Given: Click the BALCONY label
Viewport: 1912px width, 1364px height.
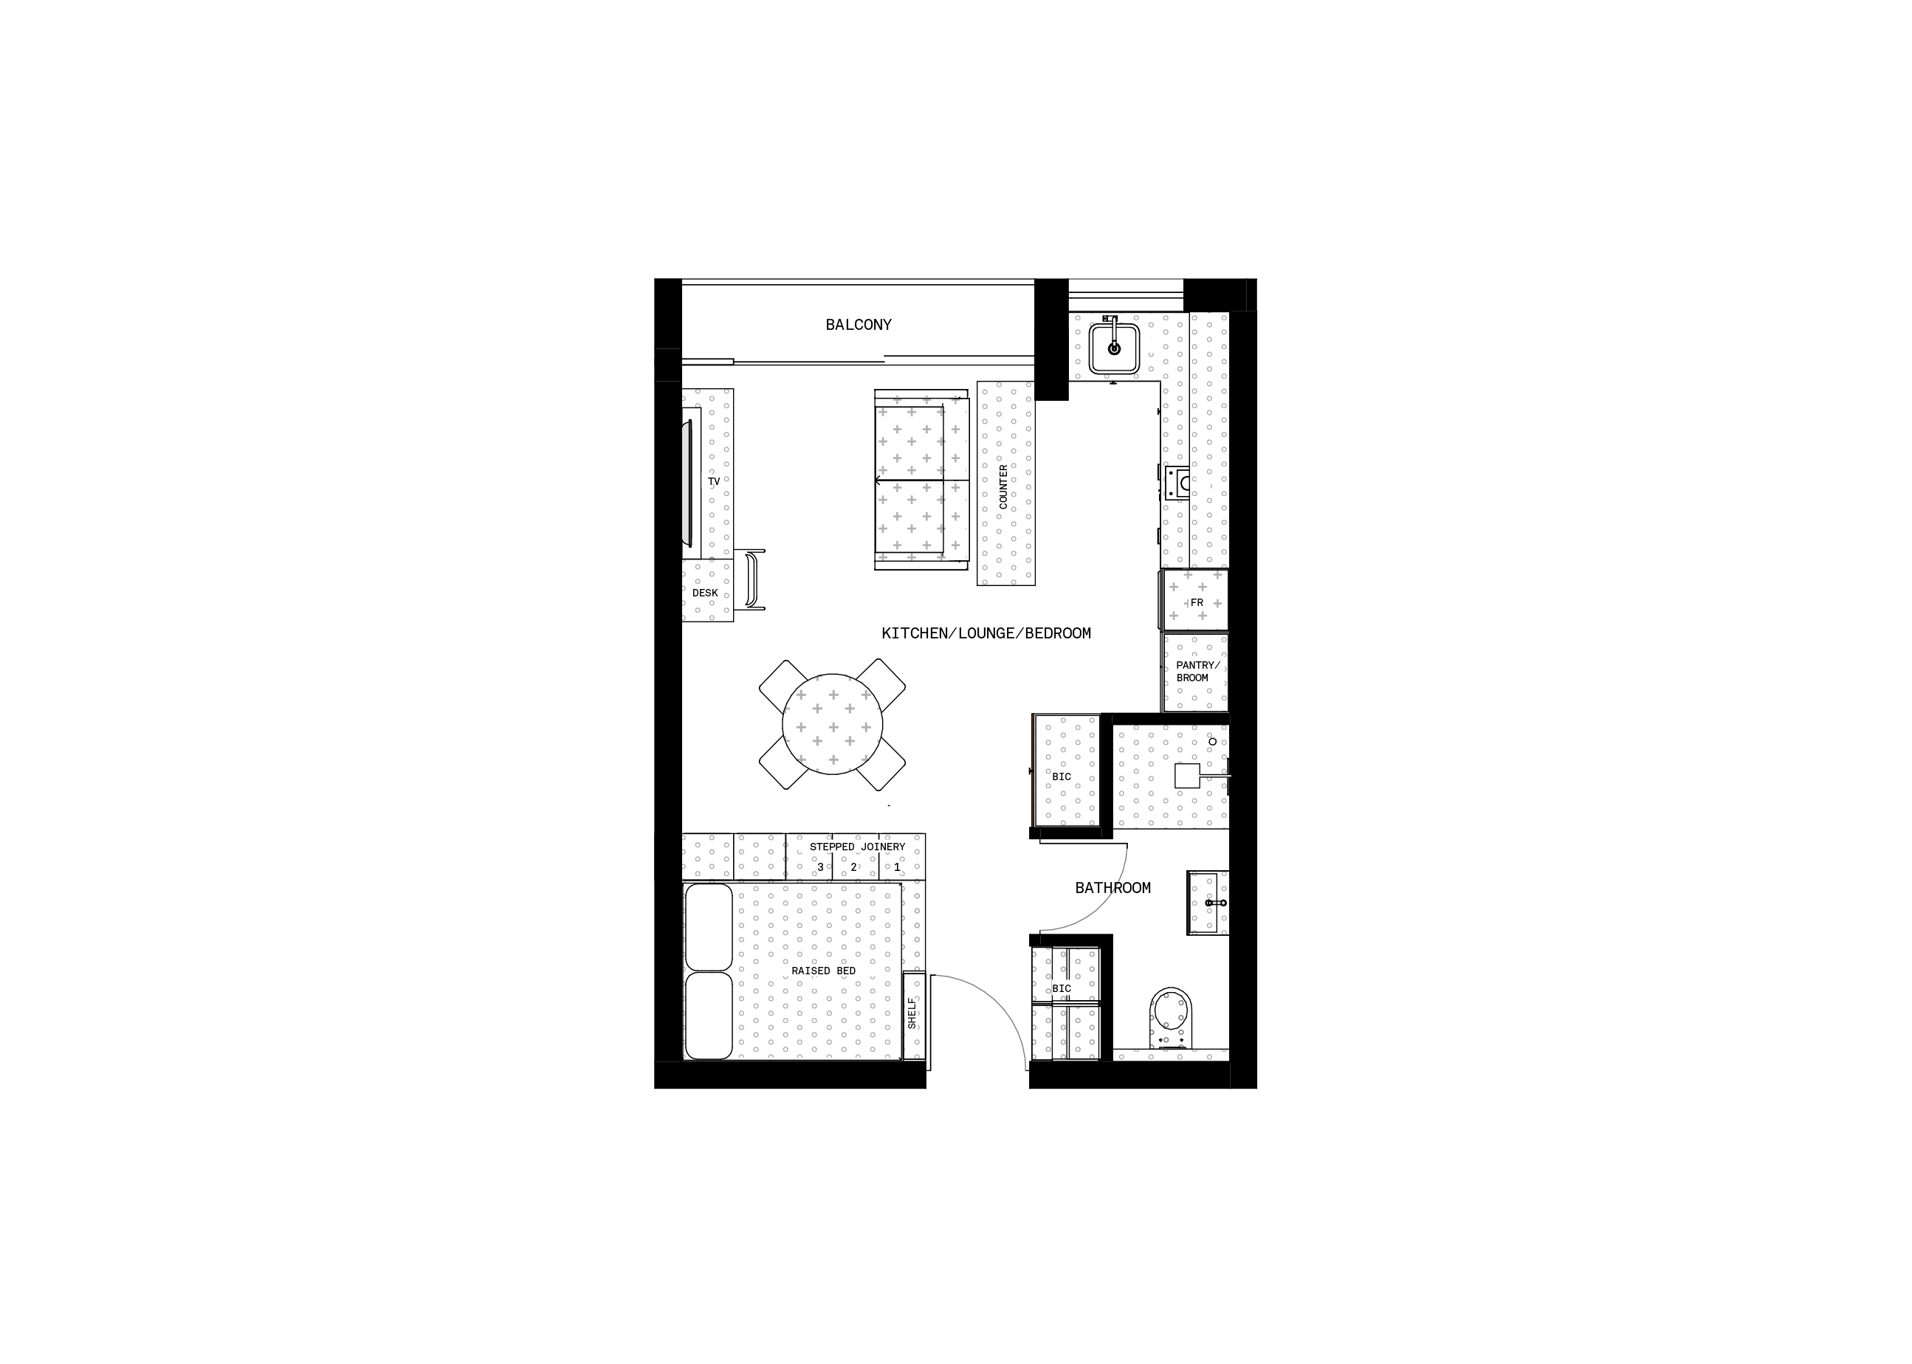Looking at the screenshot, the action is point(858,325).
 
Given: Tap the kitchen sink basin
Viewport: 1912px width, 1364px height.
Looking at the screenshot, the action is point(1114,349).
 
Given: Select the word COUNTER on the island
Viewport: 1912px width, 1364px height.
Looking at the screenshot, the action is point(1003,487).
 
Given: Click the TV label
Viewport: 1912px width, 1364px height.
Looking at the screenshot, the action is point(714,482).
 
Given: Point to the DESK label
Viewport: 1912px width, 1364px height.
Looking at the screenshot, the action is point(705,593).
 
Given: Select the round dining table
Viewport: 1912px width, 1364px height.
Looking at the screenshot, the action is point(833,724).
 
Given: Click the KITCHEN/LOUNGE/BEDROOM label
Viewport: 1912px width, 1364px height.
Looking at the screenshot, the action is point(986,633).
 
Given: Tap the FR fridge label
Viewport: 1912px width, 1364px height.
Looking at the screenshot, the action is point(1196,603).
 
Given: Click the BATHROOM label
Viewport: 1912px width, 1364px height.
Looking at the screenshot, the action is point(1113,888).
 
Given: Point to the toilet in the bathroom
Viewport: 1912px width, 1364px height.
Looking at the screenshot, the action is point(1172,1018).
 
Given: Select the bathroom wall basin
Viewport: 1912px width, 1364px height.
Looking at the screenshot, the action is point(1208,903).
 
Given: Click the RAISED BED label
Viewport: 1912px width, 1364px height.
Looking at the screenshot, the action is point(823,971).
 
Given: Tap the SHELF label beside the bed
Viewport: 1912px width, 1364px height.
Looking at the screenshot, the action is point(912,1013).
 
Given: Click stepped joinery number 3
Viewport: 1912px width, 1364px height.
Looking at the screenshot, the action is point(821,867).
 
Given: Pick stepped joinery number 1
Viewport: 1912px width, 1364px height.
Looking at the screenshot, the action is point(896,867).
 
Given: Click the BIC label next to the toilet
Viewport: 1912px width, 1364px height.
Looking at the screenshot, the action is point(1062,988).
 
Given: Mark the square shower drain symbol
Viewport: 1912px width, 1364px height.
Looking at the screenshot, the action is point(1187,775).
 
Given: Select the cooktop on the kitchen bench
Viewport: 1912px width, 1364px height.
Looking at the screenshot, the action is point(1177,483).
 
